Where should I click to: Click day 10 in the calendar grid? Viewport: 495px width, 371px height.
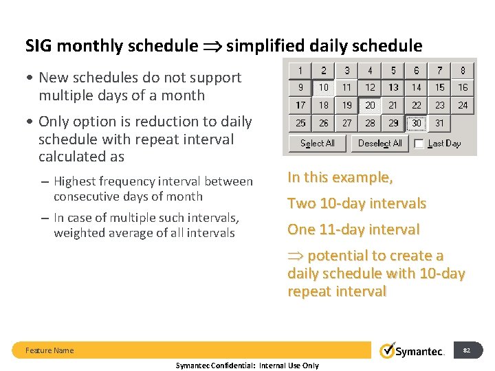[x=323, y=88]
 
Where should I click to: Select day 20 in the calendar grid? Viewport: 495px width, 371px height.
[x=370, y=106]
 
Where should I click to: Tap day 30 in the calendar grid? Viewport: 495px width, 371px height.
[x=417, y=124]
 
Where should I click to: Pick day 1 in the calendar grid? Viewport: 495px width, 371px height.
[x=300, y=70]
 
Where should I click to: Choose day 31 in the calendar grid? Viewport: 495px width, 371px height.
[x=439, y=124]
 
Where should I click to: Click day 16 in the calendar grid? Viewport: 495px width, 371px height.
[x=463, y=88]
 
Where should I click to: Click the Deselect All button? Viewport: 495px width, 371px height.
[x=379, y=143]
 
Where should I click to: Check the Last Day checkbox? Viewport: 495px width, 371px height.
[x=418, y=143]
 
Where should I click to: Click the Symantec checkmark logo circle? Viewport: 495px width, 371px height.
[x=388, y=350]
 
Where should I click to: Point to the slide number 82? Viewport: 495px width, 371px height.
[x=467, y=350]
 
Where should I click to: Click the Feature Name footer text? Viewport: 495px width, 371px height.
[x=49, y=350]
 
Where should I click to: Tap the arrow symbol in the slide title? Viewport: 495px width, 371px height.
[x=212, y=47]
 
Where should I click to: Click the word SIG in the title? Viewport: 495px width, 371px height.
[x=40, y=46]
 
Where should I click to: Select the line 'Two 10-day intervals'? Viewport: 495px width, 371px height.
[x=357, y=203]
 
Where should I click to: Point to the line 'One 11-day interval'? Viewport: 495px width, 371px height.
[x=353, y=229]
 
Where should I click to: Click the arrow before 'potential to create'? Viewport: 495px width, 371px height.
[x=296, y=256]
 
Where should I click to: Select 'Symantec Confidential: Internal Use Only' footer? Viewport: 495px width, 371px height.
[x=247, y=366]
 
